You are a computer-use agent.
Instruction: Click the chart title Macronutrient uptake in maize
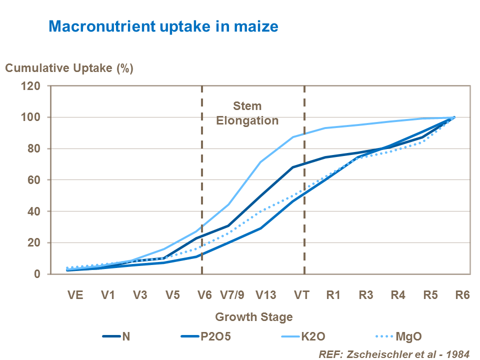163,26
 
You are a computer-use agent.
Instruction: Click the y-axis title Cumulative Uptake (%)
69,68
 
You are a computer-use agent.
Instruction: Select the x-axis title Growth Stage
253,316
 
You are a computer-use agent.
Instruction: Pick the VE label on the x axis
76,294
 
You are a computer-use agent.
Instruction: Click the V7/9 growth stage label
234,294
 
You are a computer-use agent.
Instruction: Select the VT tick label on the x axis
301,294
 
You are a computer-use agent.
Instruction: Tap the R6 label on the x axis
462,294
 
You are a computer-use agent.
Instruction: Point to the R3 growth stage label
365,294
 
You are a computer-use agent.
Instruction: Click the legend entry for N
126,336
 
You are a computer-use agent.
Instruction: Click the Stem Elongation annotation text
247,113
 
